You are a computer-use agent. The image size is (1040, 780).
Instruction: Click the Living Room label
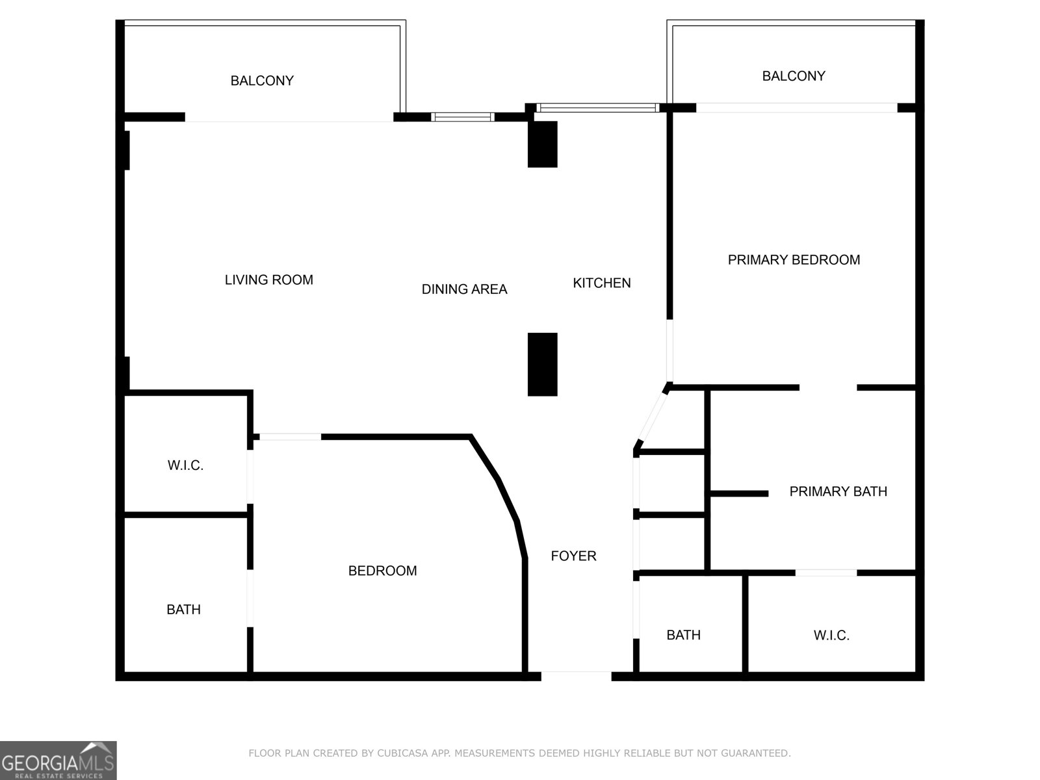coord(268,280)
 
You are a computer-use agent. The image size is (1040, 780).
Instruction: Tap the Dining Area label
coord(464,289)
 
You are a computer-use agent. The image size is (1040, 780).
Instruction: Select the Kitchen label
coord(601,283)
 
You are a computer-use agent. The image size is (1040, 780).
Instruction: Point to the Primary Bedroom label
coord(794,260)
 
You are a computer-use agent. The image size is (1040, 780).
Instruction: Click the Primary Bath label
coord(838,491)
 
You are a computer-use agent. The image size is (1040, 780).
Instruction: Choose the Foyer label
coord(573,556)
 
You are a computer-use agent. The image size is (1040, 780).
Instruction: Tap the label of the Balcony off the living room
coord(262,81)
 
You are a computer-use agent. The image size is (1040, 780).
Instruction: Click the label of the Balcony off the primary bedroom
coord(794,76)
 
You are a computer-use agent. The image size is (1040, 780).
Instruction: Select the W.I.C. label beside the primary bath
coord(831,635)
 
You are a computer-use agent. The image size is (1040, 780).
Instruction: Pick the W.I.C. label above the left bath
coord(185,465)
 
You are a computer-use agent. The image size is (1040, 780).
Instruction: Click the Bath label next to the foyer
coord(683,635)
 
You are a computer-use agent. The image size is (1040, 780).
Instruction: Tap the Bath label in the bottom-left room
coord(183,610)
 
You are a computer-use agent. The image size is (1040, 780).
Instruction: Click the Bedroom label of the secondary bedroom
coord(382,571)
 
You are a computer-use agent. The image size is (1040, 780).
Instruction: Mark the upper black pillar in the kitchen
coord(542,144)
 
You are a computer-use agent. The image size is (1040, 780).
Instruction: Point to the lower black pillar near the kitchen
coord(542,364)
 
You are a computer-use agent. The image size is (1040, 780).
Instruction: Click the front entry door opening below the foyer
coord(576,676)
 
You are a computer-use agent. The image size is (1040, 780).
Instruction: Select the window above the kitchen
coord(597,108)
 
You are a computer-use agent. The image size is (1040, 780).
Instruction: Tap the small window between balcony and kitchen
coord(463,117)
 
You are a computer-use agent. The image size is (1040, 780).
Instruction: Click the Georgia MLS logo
coord(58,760)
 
